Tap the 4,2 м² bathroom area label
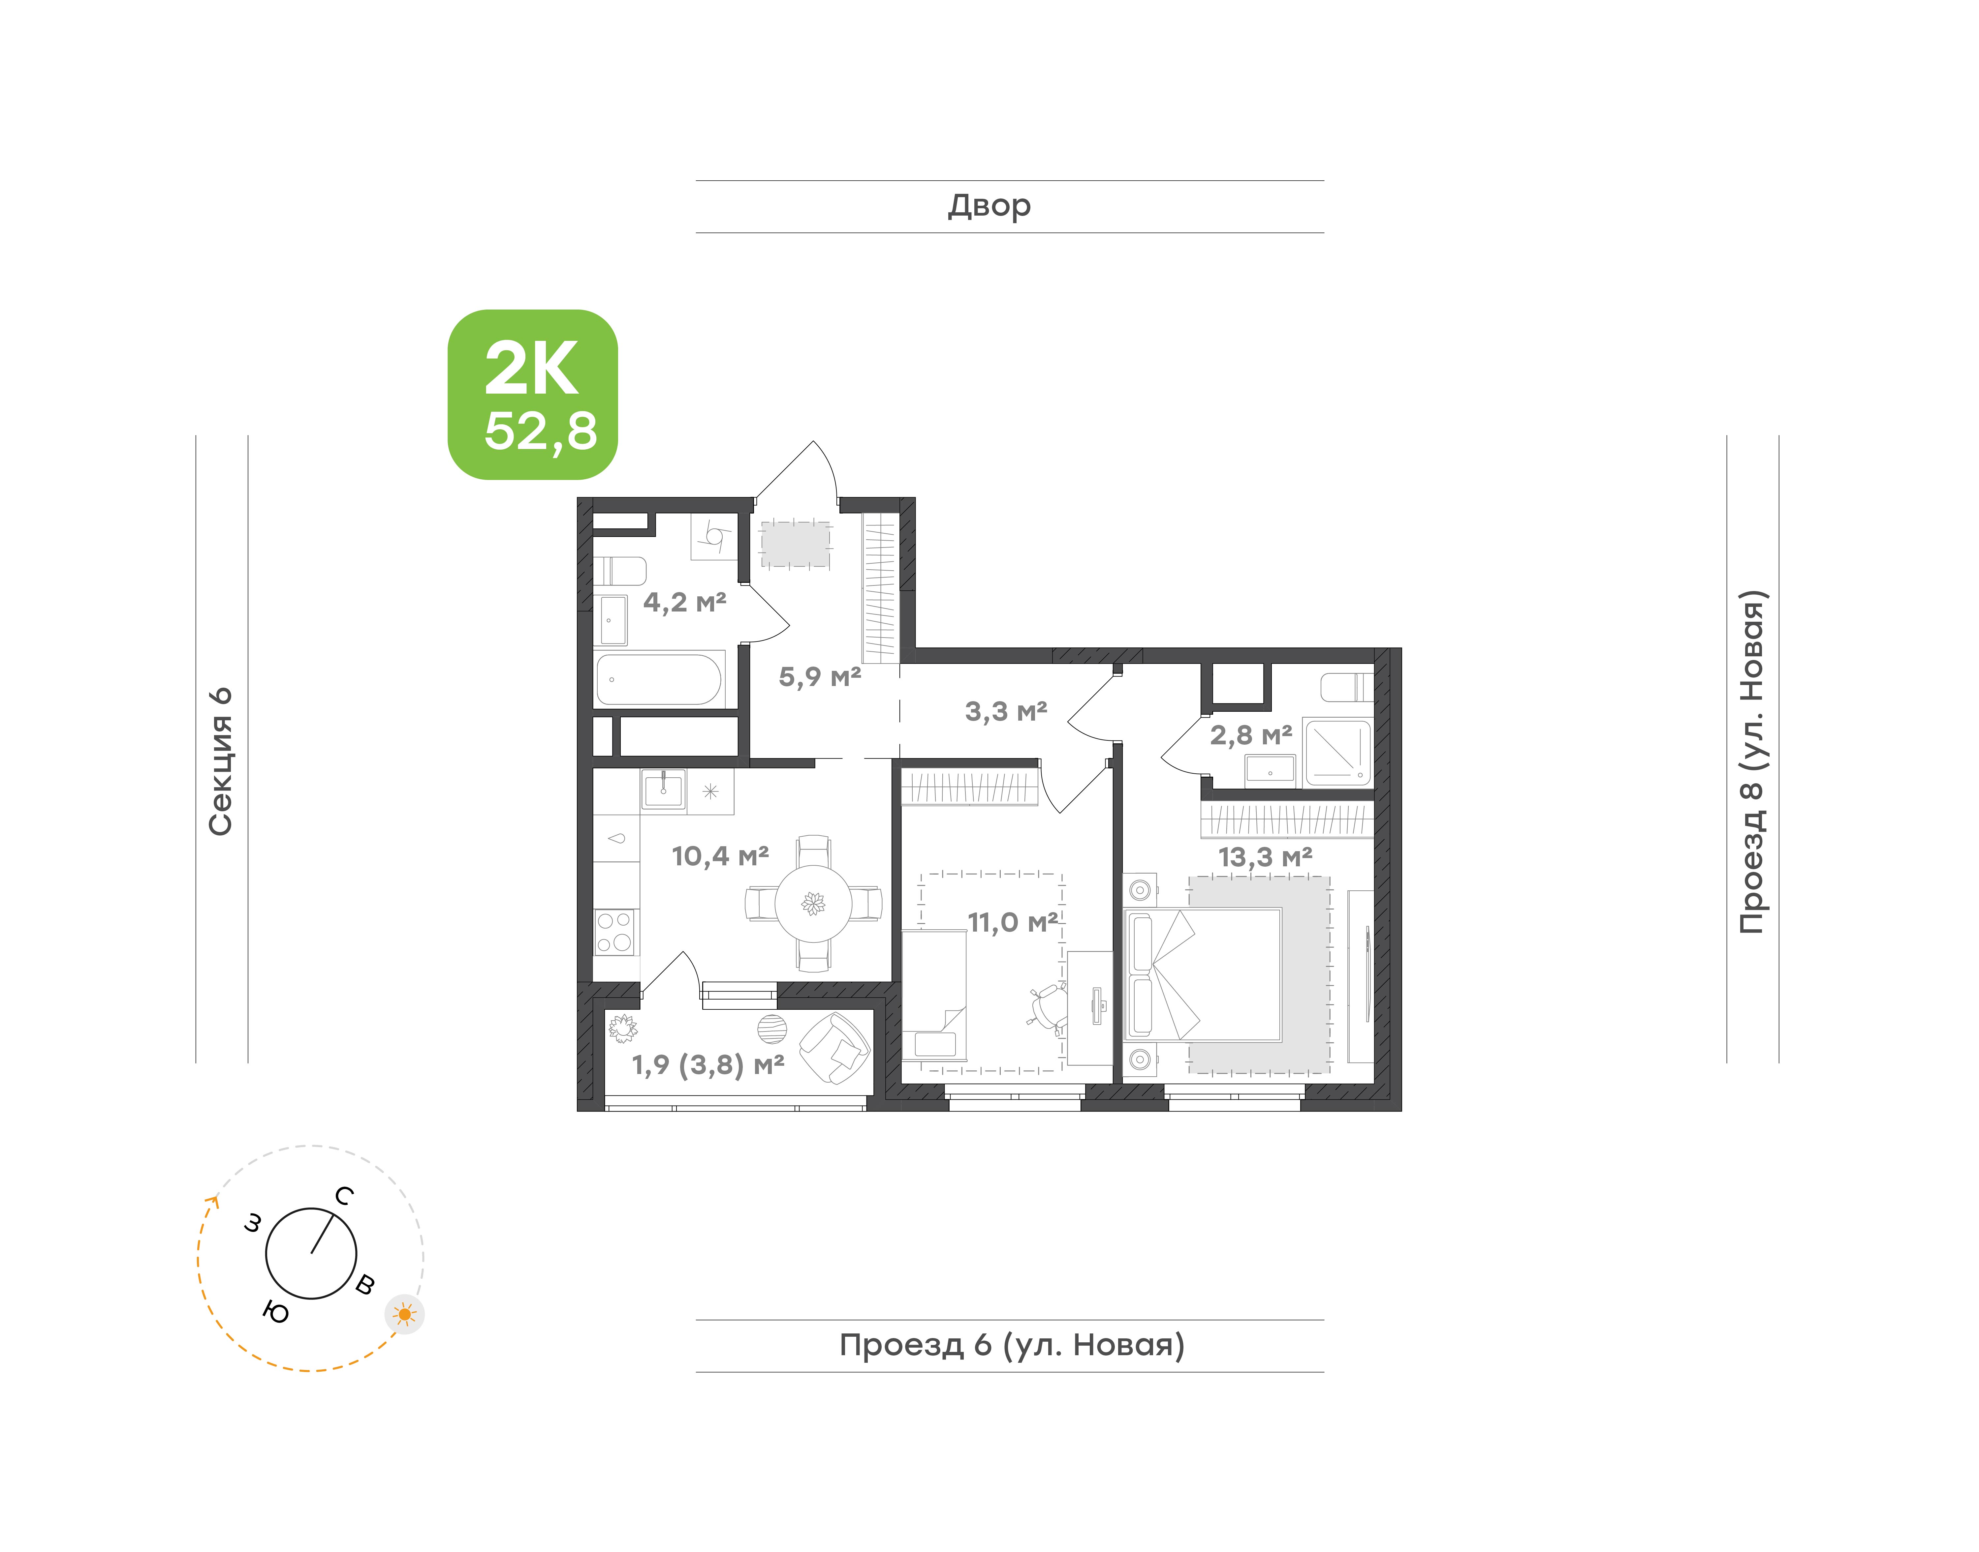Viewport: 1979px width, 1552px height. (x=684, y=603)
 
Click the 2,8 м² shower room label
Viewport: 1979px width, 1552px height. (x=1251, y=735)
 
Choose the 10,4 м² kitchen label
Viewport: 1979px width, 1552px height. (x=720, y=856)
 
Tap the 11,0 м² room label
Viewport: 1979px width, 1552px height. (x=1013, y=922)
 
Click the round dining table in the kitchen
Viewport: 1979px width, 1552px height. (x=814, y=903)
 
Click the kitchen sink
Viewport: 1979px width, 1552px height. (x=664, y=790)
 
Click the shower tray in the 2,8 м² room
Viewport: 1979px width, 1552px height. (x=1337, y=752)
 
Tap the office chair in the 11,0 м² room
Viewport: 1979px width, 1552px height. (x=1048, y=1008)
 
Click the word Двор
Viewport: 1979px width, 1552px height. (x=990, y=206)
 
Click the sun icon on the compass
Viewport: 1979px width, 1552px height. (x=404, y=1314)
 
